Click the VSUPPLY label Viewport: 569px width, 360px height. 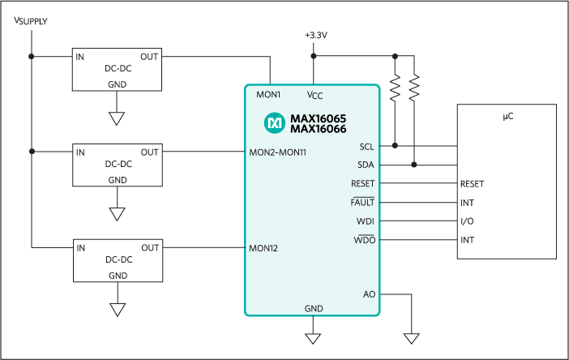coord(31,20)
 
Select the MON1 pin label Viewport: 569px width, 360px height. coord(268,95)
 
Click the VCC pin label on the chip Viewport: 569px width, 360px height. coord(315,95)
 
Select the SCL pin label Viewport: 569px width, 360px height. coord(366,147)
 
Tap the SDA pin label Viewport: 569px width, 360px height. coord(366,165)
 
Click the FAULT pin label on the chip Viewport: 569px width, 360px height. coord(362,203)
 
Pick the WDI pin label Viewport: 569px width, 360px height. coord(366,221)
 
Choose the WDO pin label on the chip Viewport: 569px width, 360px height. coord(364,240)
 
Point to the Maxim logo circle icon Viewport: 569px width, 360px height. coord(274,122)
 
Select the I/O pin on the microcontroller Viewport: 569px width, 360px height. coord(467,221)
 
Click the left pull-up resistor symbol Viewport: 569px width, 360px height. coord(395,88)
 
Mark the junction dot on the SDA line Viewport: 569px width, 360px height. coord(414,165)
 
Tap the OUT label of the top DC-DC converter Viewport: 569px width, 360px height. coord(149,57)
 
